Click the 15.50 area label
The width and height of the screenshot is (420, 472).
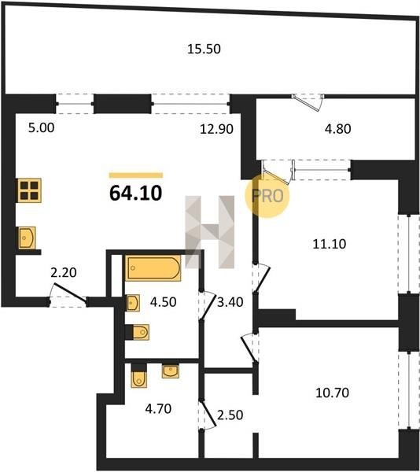point(204,49)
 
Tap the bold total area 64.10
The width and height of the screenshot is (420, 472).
point(136,193)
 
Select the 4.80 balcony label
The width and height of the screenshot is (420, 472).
point(338,129)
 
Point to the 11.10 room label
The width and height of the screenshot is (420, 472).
point(330,244)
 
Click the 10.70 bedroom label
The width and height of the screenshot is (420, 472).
point(332,393)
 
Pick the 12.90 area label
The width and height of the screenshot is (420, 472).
point(216,129)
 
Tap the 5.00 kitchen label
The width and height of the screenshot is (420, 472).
point(42,127)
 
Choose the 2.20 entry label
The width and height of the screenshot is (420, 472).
point(64,272)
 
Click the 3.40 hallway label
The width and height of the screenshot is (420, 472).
point(230,302)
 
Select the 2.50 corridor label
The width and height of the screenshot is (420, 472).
point(230,415)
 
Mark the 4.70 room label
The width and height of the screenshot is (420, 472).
point(158,409)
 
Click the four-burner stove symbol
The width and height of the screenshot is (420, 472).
point(29,190)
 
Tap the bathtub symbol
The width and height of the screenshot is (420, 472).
point(153,268)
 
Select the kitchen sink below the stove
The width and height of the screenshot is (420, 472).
point(27,238)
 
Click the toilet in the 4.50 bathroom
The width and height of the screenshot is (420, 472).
point(138,332)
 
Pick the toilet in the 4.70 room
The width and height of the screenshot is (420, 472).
point(138,375)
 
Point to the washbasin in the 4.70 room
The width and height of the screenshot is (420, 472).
point(171,371)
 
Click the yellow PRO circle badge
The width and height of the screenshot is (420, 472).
point(267,196)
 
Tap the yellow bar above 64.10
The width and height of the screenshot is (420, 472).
point(136,175)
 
